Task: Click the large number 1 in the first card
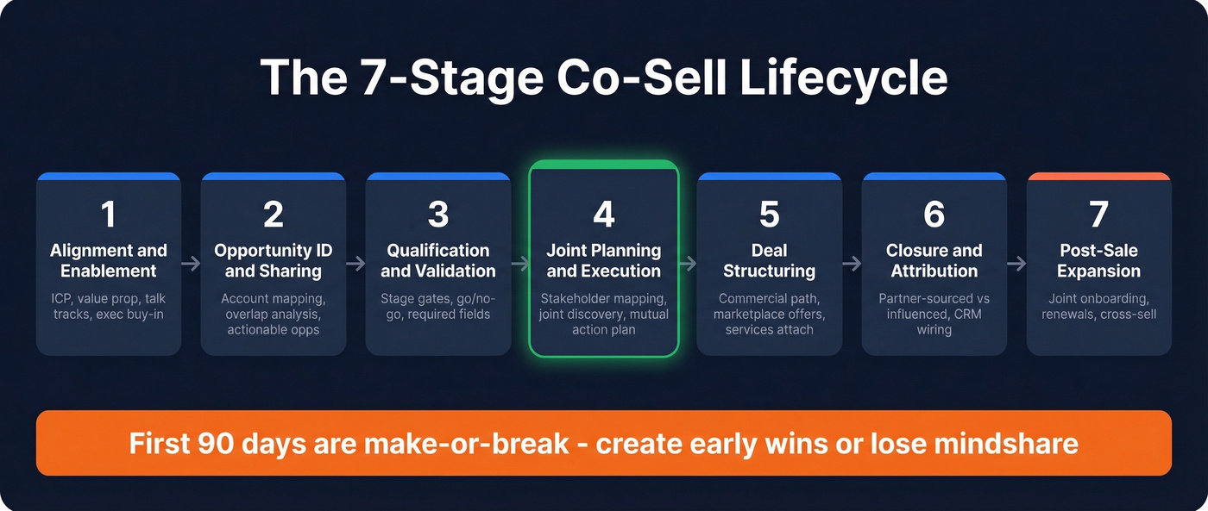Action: pos(109,215)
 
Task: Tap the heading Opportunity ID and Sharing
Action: pos(273,261)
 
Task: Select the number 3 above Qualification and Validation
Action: pos(438,215)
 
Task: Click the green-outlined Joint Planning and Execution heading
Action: pos(603,261)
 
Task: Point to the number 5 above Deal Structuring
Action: pos(769,215)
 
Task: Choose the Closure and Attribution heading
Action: pos(934,261)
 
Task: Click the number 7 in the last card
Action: pos(1098,215)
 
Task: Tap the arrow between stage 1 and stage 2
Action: pos(191,264)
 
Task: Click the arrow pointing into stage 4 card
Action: pos(520,264)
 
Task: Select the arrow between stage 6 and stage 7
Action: pos(1016,264)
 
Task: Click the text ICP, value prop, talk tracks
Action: pos(109,307)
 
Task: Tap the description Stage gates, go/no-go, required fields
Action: pos(438,307)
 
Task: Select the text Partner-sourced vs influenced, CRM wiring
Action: pos(934,314)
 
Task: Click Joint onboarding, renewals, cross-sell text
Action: pos(1098,307)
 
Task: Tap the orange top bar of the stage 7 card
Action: pos(1098,176)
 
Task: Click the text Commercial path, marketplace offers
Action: pos(769,307)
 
